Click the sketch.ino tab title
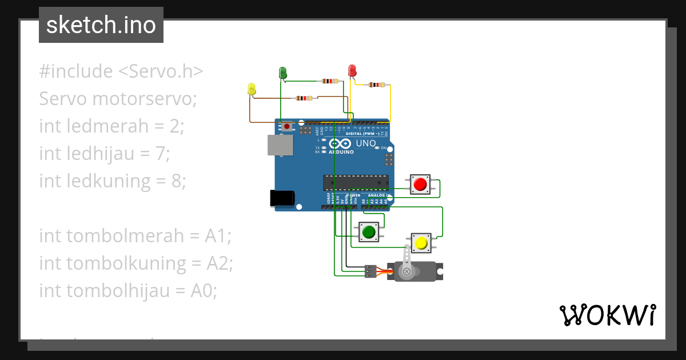[x=101, y=25]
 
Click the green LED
[x=282, y=73]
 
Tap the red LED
[x=352, y=71]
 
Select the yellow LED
[x=252, y=89]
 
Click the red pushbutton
[x=420, y=185]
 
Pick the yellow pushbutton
[x=422, y=243]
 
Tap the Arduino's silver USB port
[x=280, y=145]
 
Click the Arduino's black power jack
[x=282, y=198]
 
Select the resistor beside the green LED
[x=329, y=81]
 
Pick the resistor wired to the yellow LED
[x=304, y=98]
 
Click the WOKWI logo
[x=607, y=315]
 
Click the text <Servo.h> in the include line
[x=161, y=71]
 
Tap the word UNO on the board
[x=366, y=143]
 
